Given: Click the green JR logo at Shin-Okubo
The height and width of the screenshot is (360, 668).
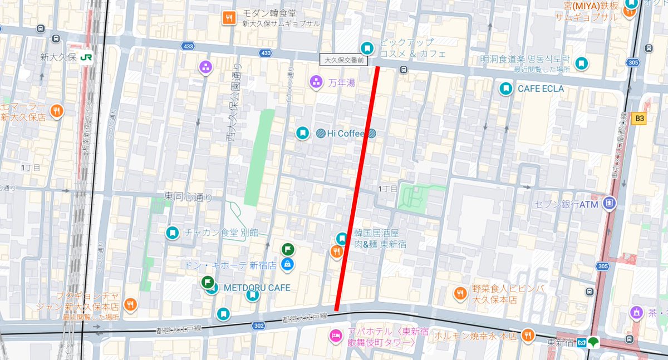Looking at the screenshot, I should coord(86,57).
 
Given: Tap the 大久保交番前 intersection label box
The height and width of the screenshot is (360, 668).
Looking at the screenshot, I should coord(344,59).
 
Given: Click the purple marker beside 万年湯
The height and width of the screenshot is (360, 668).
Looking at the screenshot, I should coord(316,82).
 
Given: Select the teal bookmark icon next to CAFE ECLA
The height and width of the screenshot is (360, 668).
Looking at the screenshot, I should coord(505,88).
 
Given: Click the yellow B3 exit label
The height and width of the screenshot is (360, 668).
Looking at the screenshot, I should coord(639,119).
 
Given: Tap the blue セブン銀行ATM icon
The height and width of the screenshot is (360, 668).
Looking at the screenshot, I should coord(610,204).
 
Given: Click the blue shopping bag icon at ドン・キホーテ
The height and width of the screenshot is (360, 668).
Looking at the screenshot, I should coord(287,263).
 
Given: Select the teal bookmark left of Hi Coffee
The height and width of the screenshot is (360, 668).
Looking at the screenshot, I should coord(302,133).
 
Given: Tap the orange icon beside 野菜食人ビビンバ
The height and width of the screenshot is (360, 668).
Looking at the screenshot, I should coord(460,293).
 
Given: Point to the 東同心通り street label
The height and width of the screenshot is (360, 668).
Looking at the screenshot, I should coord(188,196).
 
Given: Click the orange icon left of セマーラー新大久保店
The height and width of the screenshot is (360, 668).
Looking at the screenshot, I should coord(56,111).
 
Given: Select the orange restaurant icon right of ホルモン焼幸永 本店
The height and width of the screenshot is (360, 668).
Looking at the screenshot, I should coord(526,335).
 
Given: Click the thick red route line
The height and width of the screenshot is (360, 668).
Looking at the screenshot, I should coord(357,189).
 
